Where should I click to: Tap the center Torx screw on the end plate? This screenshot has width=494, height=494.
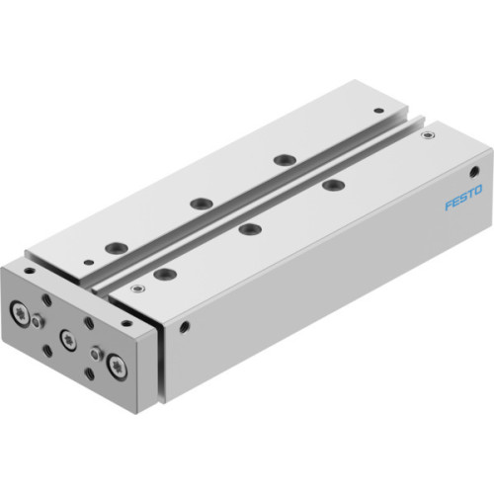click(x=68, y=339)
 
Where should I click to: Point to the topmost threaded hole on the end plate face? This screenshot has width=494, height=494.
click(x=46, y=297)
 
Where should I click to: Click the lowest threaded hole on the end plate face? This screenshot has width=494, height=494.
click(x=92, y=372)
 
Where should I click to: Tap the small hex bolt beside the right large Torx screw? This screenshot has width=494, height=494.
click(x=96, y=351)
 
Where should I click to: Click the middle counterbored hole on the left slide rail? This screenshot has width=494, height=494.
click(x=202, y=203)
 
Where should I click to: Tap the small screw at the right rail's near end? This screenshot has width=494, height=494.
click(x=135, y=288)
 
